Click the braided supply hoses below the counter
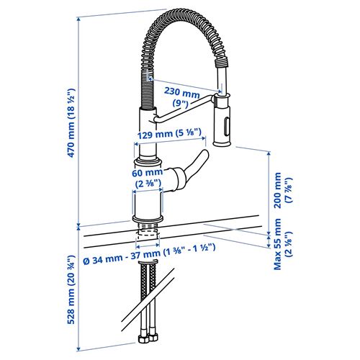click(147, 295)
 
